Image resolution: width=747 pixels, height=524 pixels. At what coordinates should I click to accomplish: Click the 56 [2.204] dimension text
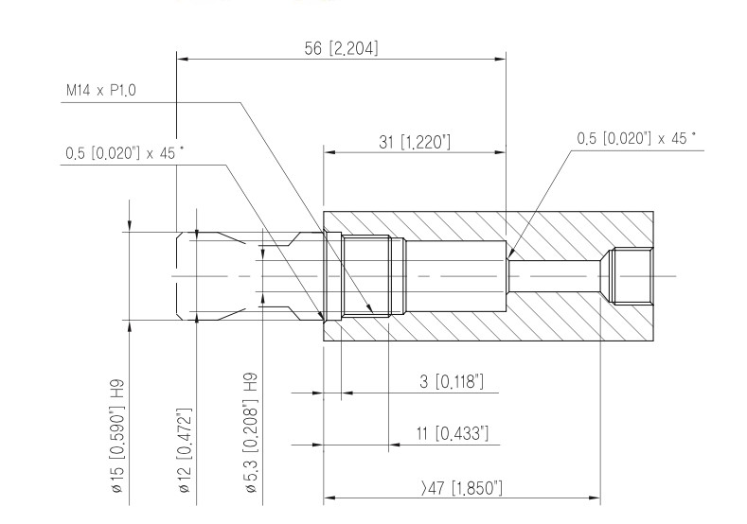pos(341,48)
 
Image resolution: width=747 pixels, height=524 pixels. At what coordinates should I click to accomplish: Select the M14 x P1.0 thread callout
pos(100,91)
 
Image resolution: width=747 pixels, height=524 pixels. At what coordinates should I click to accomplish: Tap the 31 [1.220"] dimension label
pos(415,142)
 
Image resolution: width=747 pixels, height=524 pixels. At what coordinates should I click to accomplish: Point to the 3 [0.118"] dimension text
pos(452,382)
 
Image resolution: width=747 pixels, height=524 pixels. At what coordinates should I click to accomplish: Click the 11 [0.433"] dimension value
pos(453,433)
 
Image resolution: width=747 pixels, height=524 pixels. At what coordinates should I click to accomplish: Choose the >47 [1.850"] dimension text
pos(462,488)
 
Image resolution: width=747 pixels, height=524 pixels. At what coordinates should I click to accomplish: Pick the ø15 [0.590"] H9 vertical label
pos(117,435)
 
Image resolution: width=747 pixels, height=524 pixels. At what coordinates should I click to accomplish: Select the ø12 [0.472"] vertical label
pos(185,450)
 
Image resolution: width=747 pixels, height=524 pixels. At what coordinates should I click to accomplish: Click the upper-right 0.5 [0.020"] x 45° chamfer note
pos(636,138)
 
